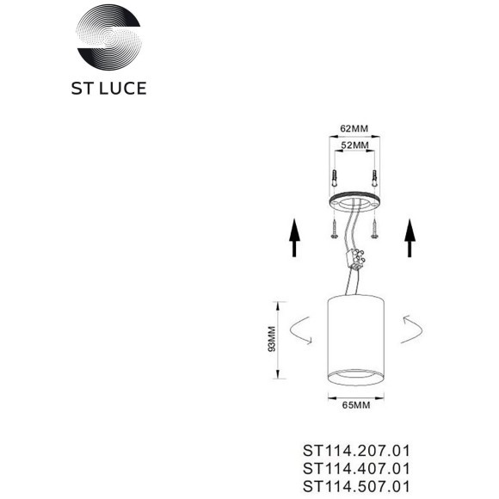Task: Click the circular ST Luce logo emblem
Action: [109, 37]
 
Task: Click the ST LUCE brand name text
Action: [109, 89]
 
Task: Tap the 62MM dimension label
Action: [354, 128]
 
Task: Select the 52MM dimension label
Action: [354, 145]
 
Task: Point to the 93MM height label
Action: [272, 339]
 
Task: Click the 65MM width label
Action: [356, 405]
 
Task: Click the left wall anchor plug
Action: [335, 179]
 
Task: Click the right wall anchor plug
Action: [375, 179]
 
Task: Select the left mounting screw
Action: [334, 228]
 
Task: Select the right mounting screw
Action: [374, 228]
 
